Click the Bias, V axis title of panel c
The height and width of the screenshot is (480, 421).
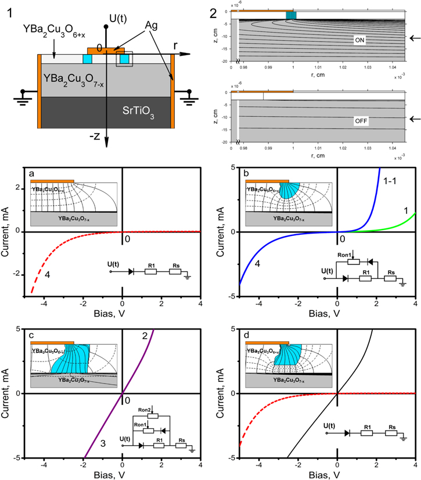point(121,478)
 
